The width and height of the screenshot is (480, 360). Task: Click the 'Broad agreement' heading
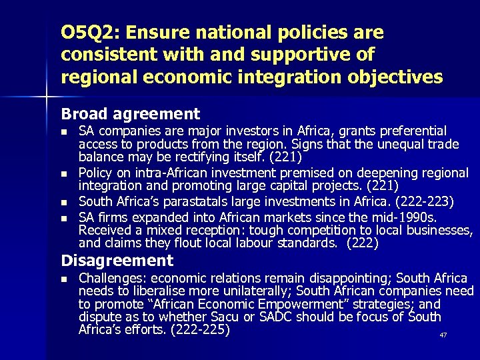[131, 114]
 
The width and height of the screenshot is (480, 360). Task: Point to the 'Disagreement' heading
[117, 261]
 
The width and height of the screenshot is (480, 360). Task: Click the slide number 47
[443, 335]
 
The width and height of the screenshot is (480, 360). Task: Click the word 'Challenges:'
[111, 278]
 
